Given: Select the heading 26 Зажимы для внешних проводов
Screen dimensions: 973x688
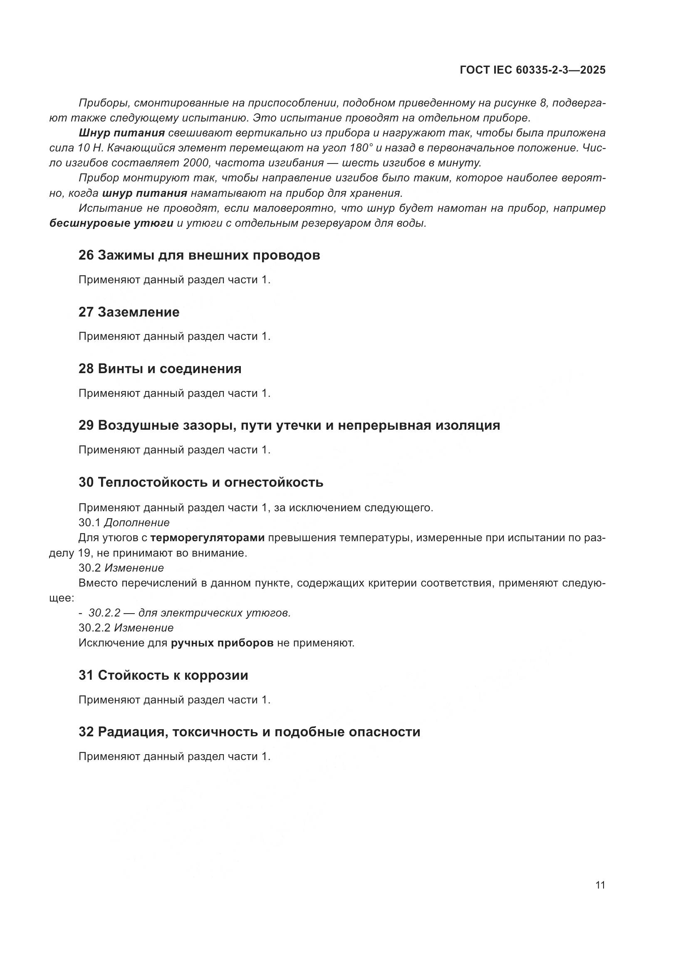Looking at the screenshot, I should (199, 255).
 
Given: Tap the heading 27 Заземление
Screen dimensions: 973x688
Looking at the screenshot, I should (129, 312).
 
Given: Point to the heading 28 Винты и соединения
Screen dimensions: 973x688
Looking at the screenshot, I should (160, 369).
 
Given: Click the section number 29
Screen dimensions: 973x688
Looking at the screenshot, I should (86, 425).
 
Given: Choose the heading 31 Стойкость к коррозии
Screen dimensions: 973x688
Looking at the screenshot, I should (163, 675).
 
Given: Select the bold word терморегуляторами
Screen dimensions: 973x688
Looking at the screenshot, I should (208, 538).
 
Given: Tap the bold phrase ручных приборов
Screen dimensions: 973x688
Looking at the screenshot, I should (222, 643).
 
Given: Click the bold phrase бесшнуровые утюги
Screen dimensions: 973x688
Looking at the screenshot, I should (111, 223).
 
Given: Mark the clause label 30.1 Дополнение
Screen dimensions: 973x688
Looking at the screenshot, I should (124, 522).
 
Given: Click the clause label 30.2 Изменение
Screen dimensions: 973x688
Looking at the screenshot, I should (121, 567).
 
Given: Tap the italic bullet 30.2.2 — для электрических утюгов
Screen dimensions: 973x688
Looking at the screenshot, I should (189, 613).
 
